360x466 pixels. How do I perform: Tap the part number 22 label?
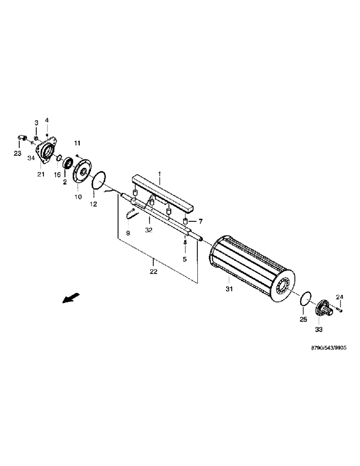point(153,271)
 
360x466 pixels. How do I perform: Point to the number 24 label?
point(339,297)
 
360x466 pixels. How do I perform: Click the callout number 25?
point(303,320)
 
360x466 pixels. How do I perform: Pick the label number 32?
point(148,230)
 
